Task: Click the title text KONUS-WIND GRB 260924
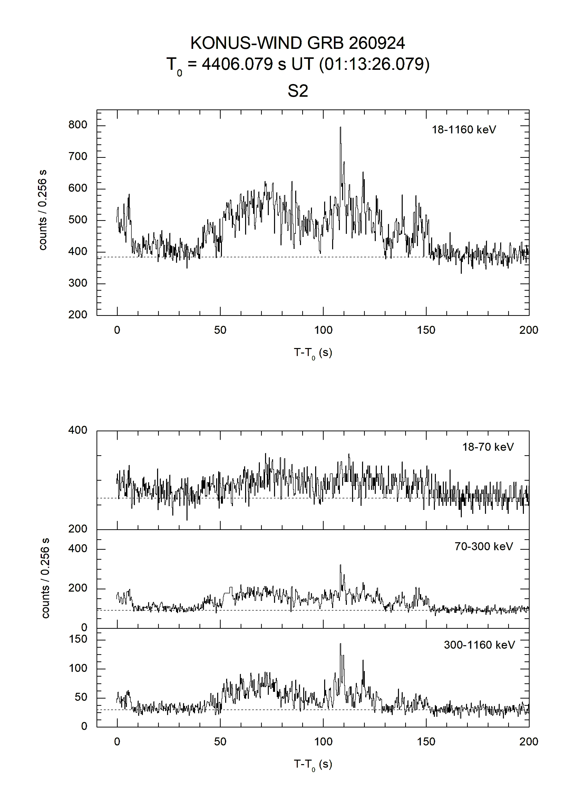click(297, 43)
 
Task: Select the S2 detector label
click(298, 91)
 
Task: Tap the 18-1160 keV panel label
click(464, 130)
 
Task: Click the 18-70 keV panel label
click(488, 447)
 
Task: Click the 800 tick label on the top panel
click(78, 125)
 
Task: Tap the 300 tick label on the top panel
click(78, 283)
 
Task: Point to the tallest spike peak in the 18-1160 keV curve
click(340, 127)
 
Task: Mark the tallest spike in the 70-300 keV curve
click(340, 565)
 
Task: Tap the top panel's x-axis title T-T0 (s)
click(313, 353)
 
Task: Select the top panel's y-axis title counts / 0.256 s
click(42, 210)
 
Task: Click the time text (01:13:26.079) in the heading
click(374, 64)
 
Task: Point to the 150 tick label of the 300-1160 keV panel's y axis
click(78, 639)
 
